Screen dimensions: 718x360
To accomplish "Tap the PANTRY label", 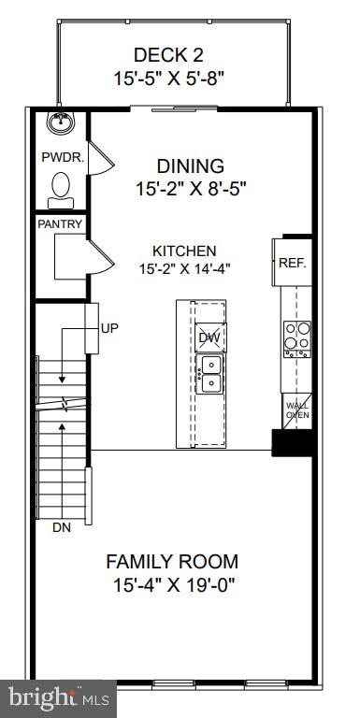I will (x=60, y=224).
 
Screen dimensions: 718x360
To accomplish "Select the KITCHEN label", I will (x=185, y=251).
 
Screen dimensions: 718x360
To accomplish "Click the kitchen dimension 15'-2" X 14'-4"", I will (x=185, y=268).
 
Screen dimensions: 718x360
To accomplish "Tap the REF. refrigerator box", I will (x=293, y=263).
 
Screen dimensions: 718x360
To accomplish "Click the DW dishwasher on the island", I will (x=209, y=337).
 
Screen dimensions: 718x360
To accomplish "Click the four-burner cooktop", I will (x=296, y=337).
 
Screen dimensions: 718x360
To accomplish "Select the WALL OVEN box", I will (x=297, y=410).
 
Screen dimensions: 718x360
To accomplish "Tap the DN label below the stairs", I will (x=61, y=527).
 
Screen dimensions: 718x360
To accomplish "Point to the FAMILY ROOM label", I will (x=171, y=562).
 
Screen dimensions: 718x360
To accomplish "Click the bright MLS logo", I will (x=58, y=696).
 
